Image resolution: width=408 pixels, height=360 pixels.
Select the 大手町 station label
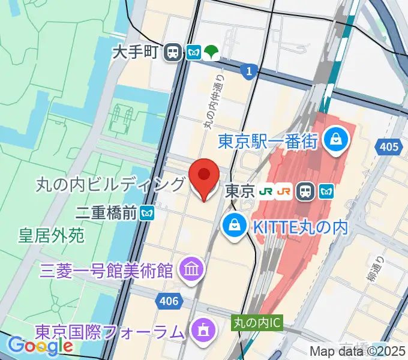[x=136, y=52]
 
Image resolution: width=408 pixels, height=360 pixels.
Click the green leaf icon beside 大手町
[x=211, y=52]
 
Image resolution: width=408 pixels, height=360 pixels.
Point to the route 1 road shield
[x=248, y=72]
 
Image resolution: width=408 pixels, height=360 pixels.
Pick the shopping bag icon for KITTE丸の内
[x=232, y=226]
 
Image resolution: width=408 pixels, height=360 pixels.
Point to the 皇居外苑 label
[x=51, y=235]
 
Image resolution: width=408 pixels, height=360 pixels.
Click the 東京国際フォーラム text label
[x=108, y=331]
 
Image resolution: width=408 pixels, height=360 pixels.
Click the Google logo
[x=40, y=346]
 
